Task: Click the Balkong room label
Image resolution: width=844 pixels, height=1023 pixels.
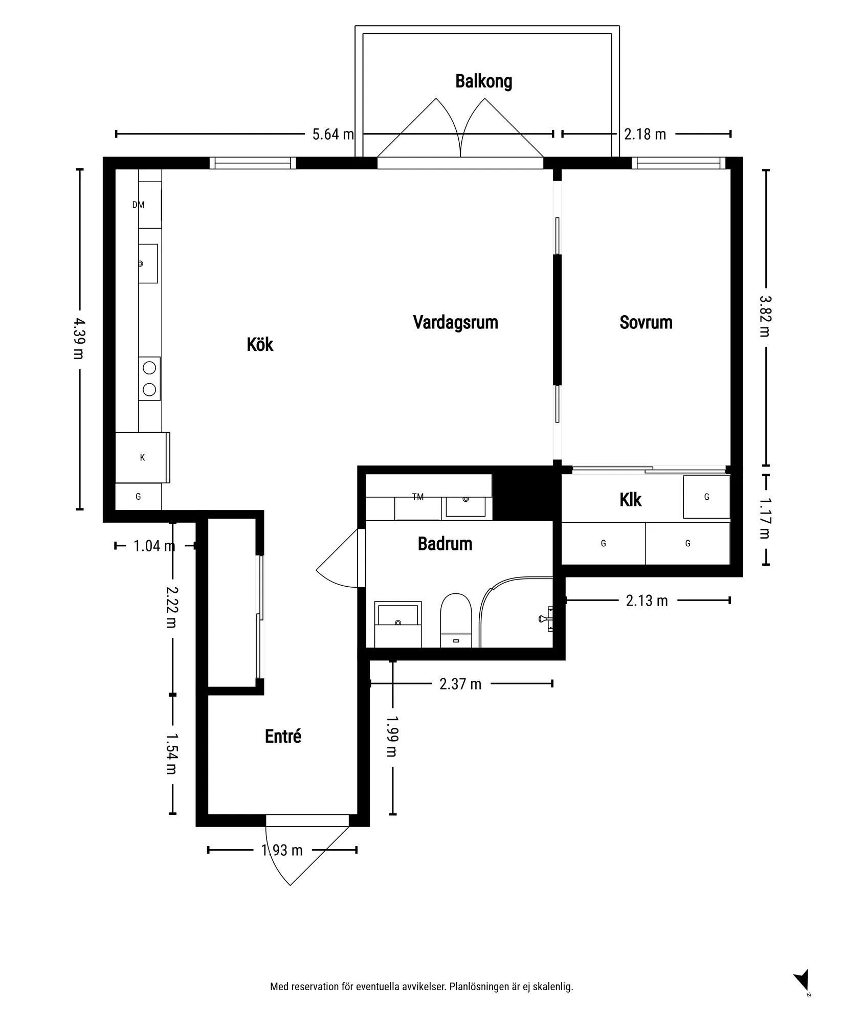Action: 483,81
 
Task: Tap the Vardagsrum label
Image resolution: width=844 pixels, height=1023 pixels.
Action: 455,323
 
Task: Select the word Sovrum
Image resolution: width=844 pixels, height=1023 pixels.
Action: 646,322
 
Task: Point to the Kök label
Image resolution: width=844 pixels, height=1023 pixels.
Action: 260,344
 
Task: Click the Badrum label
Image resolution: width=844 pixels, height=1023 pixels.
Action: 445,544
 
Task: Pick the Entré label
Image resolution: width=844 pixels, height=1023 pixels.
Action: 283,736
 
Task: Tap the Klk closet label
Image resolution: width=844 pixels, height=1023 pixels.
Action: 630,500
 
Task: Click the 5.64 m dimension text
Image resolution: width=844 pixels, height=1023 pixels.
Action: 333,134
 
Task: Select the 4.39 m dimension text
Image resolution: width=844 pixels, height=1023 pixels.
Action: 79,339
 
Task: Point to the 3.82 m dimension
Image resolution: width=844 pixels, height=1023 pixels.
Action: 766,316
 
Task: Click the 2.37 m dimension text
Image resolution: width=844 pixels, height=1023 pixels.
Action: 460,684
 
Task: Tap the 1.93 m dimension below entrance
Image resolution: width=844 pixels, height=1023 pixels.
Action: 282,850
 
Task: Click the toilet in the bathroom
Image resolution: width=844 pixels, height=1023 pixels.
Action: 456,620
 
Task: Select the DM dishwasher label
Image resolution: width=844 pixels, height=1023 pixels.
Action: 138,205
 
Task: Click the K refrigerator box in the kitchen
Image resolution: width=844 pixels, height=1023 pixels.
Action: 142,458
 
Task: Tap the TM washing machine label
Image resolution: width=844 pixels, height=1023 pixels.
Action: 418,497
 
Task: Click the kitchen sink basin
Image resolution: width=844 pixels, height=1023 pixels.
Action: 148,263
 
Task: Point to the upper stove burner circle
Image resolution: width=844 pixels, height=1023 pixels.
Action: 149,368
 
